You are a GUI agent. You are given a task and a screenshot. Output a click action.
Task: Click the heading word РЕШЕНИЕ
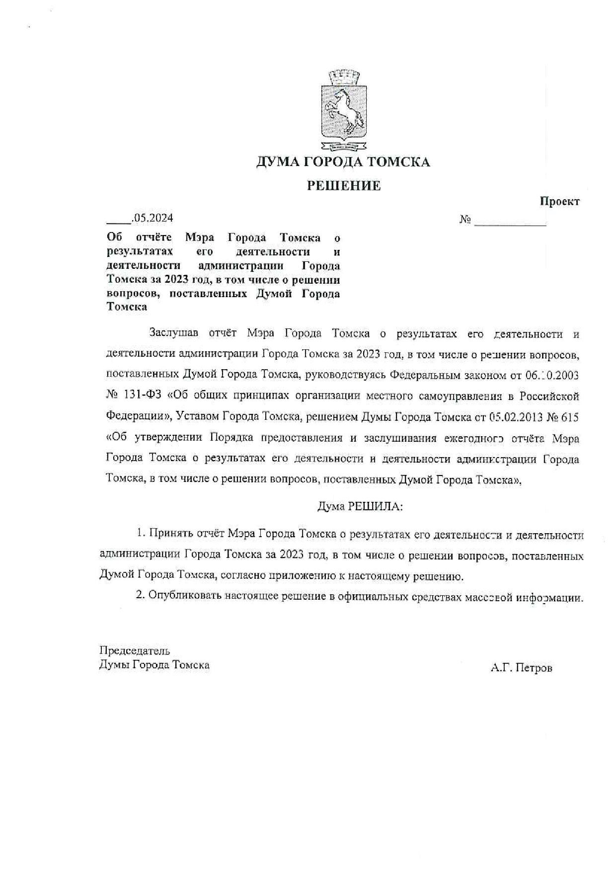(x=343, y=186)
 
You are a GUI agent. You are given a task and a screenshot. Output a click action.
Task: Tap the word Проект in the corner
(x=559, y=201)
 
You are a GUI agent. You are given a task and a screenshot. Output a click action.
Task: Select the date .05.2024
(x=152, y=218)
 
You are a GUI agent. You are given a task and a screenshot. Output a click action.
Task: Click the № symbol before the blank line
(x=465, y=220)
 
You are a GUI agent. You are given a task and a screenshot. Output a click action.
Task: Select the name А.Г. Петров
(x=521, y=668)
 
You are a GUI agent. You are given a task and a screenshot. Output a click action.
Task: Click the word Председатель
(x=135, y=651)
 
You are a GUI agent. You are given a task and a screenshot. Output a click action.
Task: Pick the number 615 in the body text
(x=570, y=417)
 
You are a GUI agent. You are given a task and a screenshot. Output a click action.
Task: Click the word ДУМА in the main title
(x=276, y=162)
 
